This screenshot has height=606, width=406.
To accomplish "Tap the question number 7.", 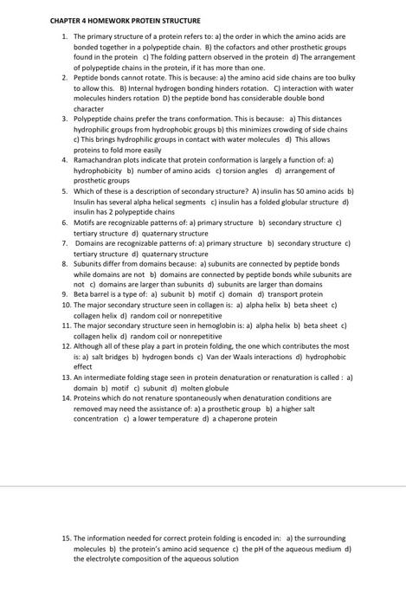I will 65,243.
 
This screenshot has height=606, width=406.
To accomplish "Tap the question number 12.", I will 66,346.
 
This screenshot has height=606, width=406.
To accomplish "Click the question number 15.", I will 66,538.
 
